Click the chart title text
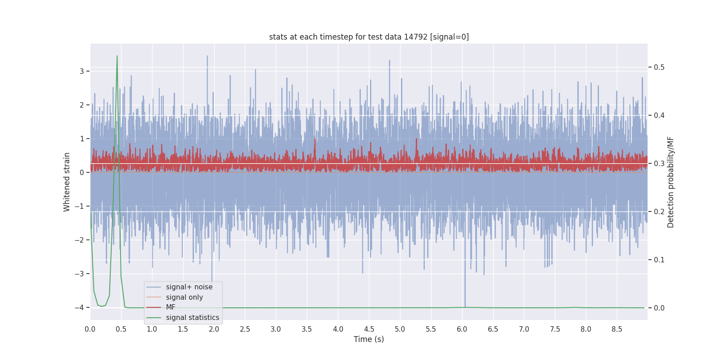[369, 37]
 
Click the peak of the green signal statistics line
[117, 57]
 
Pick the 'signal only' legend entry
[184, 297]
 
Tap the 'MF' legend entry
[171, 307]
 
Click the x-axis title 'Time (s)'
[369, 339]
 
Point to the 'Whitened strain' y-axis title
[67, 182]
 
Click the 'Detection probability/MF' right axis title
[670, 182]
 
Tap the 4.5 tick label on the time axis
[369, 329]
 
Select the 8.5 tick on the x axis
[617, 329]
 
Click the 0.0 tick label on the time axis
[90, 329]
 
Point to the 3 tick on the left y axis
[82, 71]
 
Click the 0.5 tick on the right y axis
[659, 67]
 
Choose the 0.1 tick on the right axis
[659, 260]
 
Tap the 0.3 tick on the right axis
[659, 163]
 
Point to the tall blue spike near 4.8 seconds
[389, 61]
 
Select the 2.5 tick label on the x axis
[245, 329]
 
